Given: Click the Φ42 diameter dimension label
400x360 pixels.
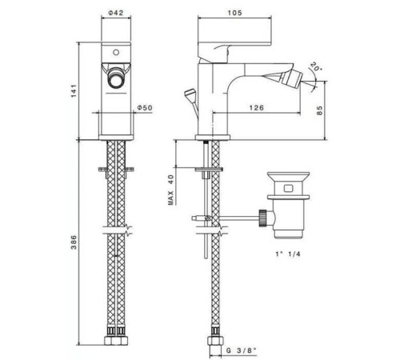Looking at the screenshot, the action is coord(116,13).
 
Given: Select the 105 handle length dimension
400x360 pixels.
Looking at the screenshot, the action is coord(234,13).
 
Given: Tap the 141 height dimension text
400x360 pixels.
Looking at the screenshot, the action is coord(74,91).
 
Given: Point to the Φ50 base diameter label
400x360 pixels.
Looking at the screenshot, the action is coord(145,108).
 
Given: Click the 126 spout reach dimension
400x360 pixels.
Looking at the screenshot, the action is coord(256,108).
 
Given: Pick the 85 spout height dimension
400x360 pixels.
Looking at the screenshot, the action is coord(319,110).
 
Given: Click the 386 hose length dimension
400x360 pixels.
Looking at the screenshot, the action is coord(74,242).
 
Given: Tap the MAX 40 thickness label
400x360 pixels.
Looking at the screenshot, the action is coord(171,190).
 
